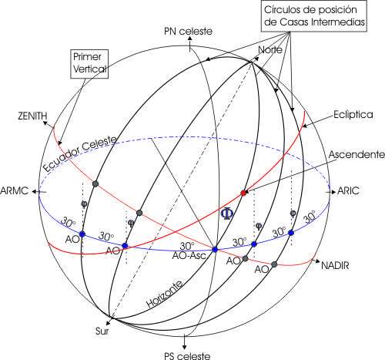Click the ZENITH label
[32, 116]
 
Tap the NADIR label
[335, 265]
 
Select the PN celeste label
[188, 32]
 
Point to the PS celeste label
[187, 356]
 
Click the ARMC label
[15, 191]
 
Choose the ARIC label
[348, 191]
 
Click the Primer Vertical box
[89, 64]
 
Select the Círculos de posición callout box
[314, 16]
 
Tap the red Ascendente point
[243, 193]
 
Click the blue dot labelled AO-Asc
[215, 249]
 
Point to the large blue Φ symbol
[227, 214]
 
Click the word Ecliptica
[353, 114]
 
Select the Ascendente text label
[357, 155]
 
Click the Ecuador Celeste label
[79, 153]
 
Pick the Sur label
[102, 331]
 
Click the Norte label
[270, 49]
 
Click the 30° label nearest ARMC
[68, 222]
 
